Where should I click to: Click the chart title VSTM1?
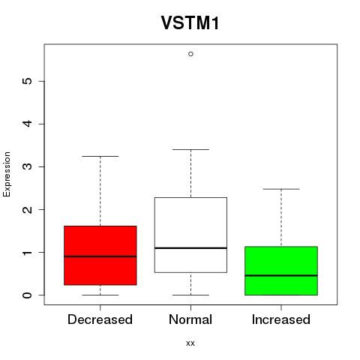190,23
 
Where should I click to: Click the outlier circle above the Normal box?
190,54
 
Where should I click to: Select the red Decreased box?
100,255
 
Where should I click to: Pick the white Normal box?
190,235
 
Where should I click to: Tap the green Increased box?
281,271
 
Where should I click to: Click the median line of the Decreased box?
100,256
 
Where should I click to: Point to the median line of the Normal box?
190,248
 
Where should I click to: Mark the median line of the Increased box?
281,275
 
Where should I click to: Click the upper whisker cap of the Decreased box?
100,156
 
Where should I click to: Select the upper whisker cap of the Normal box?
190,149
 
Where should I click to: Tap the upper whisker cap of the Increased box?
281,189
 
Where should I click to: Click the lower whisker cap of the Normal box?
190,295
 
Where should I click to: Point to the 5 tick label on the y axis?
27,81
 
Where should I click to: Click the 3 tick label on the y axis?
27,166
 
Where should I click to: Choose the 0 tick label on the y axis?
27,295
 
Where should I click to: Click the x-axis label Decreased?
100,319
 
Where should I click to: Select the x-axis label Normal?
190,319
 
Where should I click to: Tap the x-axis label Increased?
281,319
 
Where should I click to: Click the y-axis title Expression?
7,174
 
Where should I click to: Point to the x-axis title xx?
190,343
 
